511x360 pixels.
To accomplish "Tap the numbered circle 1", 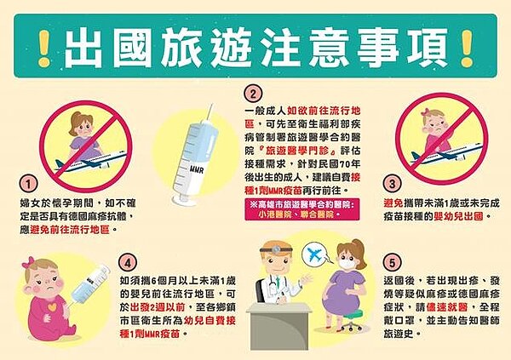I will tap(29, 183).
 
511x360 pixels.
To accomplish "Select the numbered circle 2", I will tap(252, 94).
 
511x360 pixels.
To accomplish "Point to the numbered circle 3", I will tap(393, 183).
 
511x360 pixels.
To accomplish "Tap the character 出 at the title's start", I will tap(85, 41).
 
